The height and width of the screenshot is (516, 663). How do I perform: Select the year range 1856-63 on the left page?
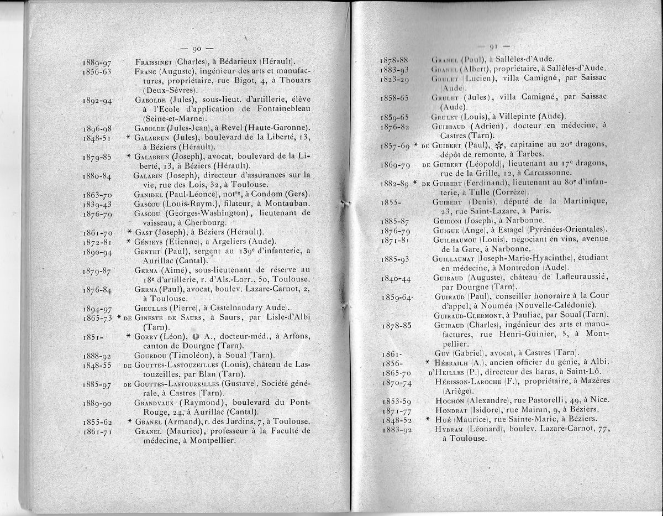(x=97, y=71)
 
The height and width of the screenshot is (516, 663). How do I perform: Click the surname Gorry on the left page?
(x=148, y=336)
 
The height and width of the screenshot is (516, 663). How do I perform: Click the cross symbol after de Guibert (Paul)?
(x=501, y=145)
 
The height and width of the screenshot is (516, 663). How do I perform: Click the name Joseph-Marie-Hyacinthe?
(x=528, y=258)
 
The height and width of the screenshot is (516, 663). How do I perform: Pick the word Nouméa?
(x=498, y=305)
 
